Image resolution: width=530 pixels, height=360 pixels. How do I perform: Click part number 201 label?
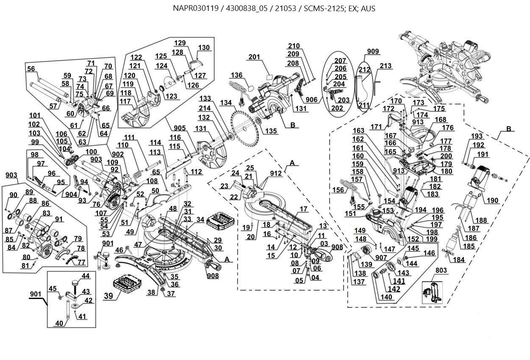[254, 57]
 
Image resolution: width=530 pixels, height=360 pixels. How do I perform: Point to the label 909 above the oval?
[373, 52]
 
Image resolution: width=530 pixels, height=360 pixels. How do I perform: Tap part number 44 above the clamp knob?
[85, 276]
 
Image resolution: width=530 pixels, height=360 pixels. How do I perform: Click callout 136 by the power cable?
[237, 75]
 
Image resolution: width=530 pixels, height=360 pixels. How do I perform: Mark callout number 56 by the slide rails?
[31, 69]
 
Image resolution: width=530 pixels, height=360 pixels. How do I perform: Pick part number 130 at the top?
[204, 48]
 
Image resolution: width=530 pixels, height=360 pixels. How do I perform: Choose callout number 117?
[125, 102]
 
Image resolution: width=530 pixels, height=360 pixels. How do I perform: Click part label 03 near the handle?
[324, 244]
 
